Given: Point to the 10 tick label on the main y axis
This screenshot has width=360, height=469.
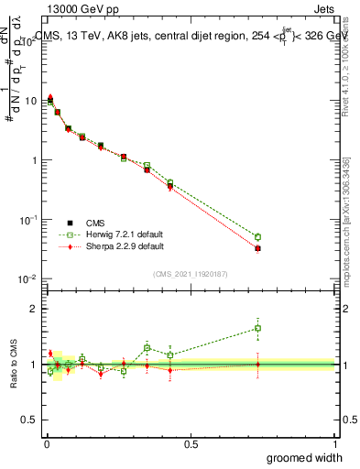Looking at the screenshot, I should (30, 101).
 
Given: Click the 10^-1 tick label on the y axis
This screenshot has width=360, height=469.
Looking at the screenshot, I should (27, 219).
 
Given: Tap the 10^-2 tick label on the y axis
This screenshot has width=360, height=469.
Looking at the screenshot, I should (27, 278).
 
